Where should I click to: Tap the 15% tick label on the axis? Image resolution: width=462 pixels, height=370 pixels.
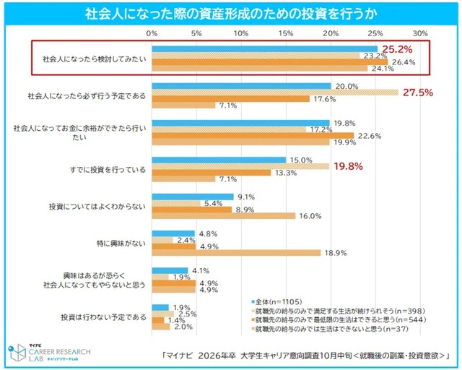click(286, 33)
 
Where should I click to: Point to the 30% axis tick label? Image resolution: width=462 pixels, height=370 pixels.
click(420, 33)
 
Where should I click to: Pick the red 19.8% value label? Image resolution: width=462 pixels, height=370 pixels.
click(349, 165)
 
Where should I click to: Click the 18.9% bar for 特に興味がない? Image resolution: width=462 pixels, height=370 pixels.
click(236, 252)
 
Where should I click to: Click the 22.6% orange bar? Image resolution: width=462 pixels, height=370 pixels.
click(253, 135)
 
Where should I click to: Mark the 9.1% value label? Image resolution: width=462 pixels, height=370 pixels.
click(246, 196)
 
